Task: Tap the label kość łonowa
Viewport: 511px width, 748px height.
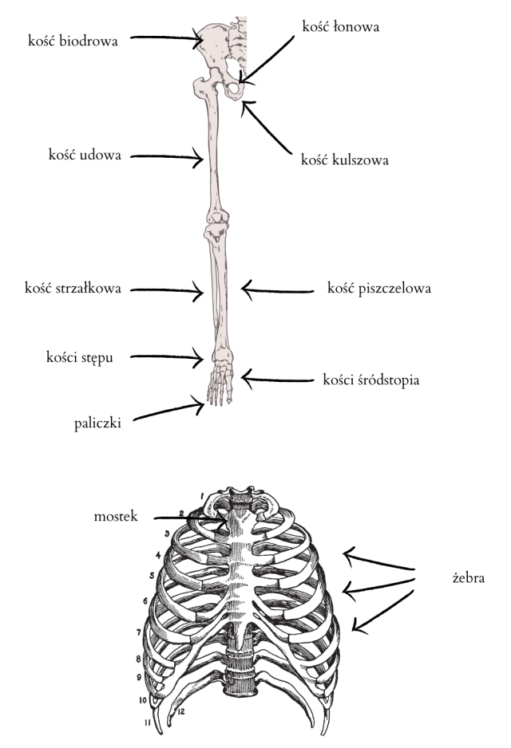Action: tap(340, 26)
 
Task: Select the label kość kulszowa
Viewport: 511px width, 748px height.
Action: tap(345, 159)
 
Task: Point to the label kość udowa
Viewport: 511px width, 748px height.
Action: tap(85, 156)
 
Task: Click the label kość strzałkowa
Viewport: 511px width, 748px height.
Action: tap(73, 289)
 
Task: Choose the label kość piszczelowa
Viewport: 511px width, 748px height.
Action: tap(379, 288)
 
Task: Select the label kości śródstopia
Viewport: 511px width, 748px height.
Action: tap(371, 380)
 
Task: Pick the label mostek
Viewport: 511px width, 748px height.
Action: tap(115, 517)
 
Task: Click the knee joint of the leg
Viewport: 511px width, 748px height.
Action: tap(216, 224)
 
